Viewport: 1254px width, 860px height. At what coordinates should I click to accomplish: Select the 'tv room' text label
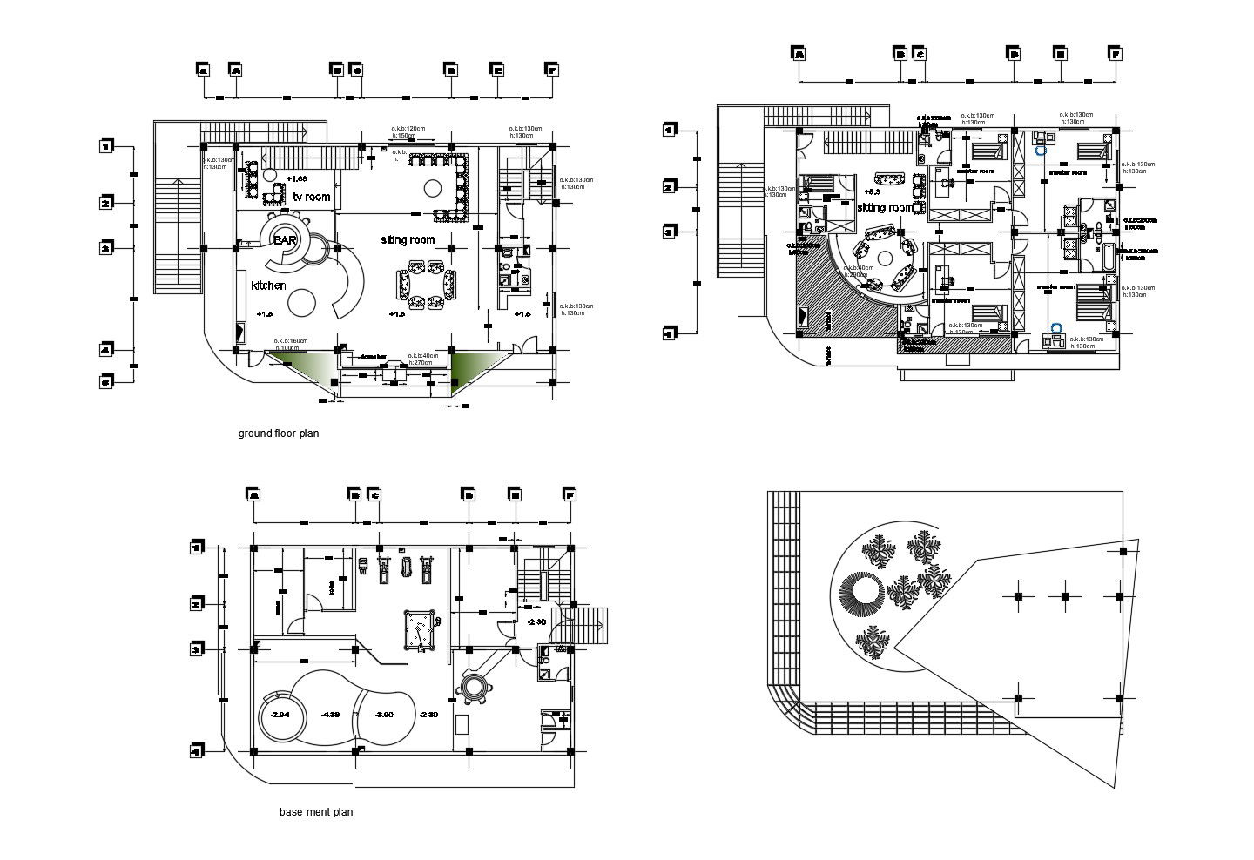(311, 198)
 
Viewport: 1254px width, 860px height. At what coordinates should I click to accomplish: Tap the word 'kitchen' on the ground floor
(268, 286)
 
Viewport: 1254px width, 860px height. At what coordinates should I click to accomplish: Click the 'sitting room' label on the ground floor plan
(408, 239)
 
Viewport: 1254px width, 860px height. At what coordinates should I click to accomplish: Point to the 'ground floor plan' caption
(279, 433)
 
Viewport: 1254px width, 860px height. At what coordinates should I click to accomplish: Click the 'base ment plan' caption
(316, 812)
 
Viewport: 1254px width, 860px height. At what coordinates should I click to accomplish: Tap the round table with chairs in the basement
(475, 687)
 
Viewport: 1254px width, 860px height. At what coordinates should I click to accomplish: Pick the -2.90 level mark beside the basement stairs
(536, 621)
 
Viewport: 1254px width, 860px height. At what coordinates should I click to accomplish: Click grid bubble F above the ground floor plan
(549, 70)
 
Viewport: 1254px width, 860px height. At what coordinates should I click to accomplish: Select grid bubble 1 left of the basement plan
(198, 548)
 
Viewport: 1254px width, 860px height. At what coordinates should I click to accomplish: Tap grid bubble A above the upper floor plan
(799, 54)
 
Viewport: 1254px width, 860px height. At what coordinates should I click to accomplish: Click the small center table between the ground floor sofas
(427, 287)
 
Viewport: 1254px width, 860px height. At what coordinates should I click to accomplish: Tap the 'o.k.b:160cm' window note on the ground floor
(291, 340)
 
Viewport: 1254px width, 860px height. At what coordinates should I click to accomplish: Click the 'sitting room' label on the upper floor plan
(885, 208)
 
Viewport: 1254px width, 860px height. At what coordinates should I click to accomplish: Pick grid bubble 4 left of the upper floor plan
(669, 333)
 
